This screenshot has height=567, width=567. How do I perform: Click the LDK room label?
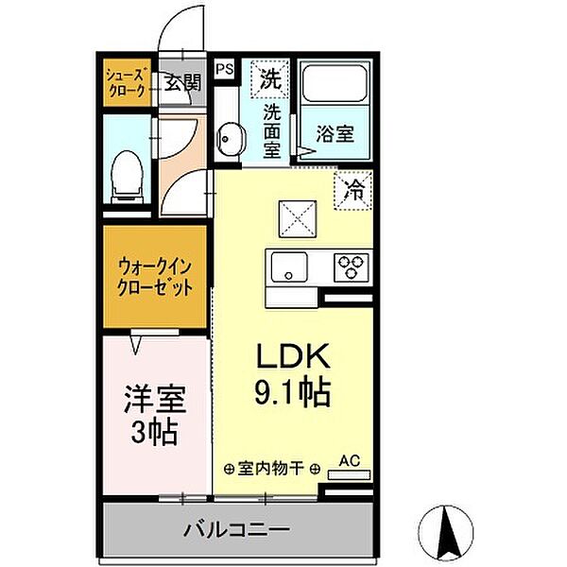(292, 357)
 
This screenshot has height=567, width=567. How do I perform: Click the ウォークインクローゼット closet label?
(156, 275)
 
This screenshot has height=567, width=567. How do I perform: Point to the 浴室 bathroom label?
(335, 133)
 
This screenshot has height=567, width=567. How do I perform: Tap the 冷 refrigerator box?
(354, 188)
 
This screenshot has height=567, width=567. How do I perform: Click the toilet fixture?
(128, 177)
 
